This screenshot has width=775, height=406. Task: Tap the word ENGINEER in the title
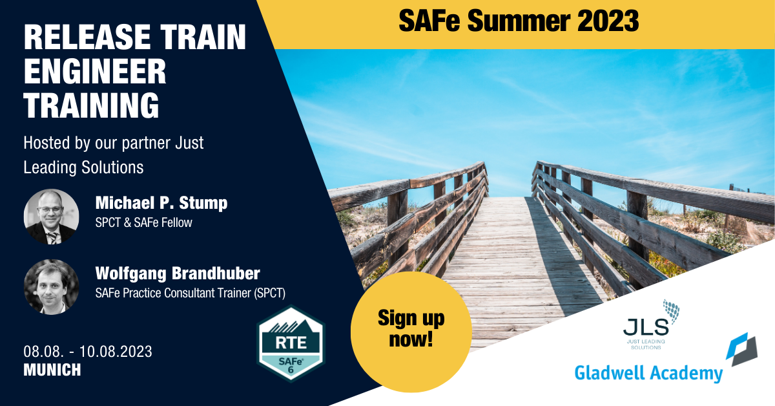95,71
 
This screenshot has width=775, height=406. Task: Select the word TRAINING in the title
91,105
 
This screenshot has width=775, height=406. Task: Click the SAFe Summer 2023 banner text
519,21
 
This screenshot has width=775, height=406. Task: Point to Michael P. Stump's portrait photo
51,217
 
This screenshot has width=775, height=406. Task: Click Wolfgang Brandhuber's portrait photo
51,287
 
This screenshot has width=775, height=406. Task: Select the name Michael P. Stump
161,202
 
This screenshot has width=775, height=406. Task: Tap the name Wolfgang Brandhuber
178,273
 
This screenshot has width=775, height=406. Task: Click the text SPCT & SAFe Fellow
143,222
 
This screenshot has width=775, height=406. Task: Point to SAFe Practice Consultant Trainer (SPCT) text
191,293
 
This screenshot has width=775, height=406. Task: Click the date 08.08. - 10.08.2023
88,352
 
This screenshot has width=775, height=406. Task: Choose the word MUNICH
52,370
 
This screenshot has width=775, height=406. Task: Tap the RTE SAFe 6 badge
291,343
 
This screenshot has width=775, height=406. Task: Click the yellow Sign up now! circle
411,332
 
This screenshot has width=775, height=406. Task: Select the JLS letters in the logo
646,327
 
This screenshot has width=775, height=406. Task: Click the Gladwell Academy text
648,374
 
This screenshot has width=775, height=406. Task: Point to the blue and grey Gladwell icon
742,349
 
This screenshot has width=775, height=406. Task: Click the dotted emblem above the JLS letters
671,310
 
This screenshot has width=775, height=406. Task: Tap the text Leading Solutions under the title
83,167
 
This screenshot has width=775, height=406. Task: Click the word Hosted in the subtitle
46,143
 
